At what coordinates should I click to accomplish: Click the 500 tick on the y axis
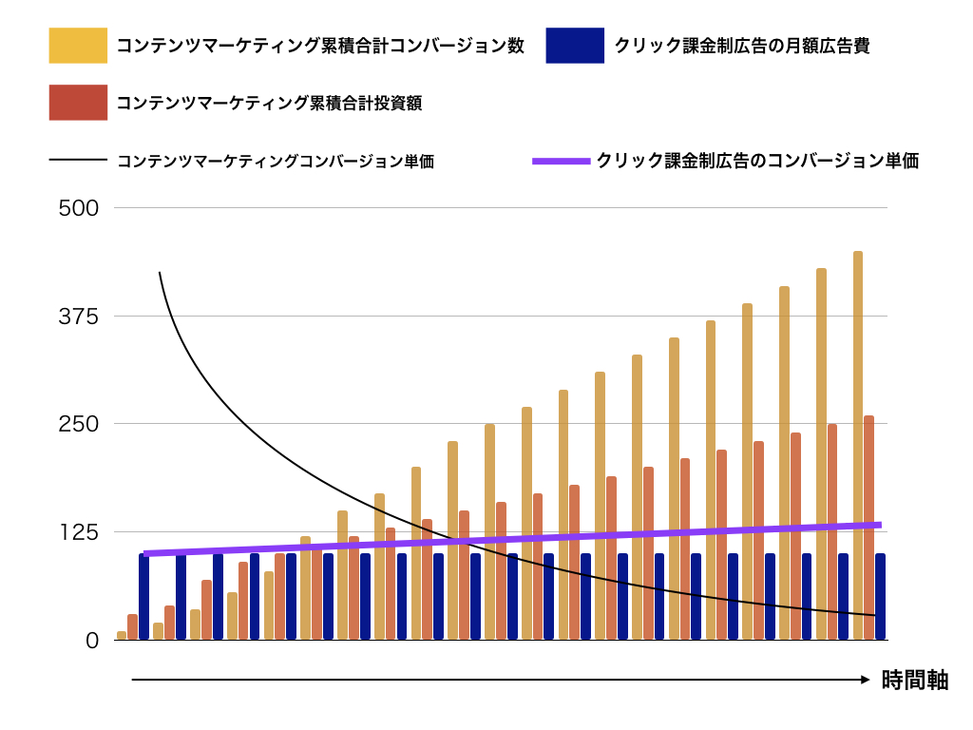(x=79, y=207)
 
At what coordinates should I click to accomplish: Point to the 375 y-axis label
(x=79, y=316)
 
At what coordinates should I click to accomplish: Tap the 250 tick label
(x=79, y=424)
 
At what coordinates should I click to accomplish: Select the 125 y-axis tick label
(x=79, y=532)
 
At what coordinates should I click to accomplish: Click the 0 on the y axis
(x=91, y=641)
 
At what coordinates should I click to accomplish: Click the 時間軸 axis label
(x=914, y=680)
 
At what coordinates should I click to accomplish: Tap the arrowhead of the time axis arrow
(x=865, y=680)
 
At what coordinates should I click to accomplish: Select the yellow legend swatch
(x=78, y=46)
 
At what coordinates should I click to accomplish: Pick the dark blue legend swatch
(x=575, y=46)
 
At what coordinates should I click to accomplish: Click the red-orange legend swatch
(x=78, y=103)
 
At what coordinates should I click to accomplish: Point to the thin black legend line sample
(x=78, y=161)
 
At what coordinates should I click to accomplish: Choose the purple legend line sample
(x=561, y=161)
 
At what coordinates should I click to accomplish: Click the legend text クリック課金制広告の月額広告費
(x=741, y=46)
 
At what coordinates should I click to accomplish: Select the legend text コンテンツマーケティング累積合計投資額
(x=269, y=104)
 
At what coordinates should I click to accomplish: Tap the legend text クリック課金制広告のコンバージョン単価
(x=757, y=161)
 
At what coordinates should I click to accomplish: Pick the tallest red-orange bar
(x=868, y=528)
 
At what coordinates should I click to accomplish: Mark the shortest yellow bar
(x=122, y=635)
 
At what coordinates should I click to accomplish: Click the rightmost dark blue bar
(x=880, y=596)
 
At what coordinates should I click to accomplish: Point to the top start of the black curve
(x=159, y=273)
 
